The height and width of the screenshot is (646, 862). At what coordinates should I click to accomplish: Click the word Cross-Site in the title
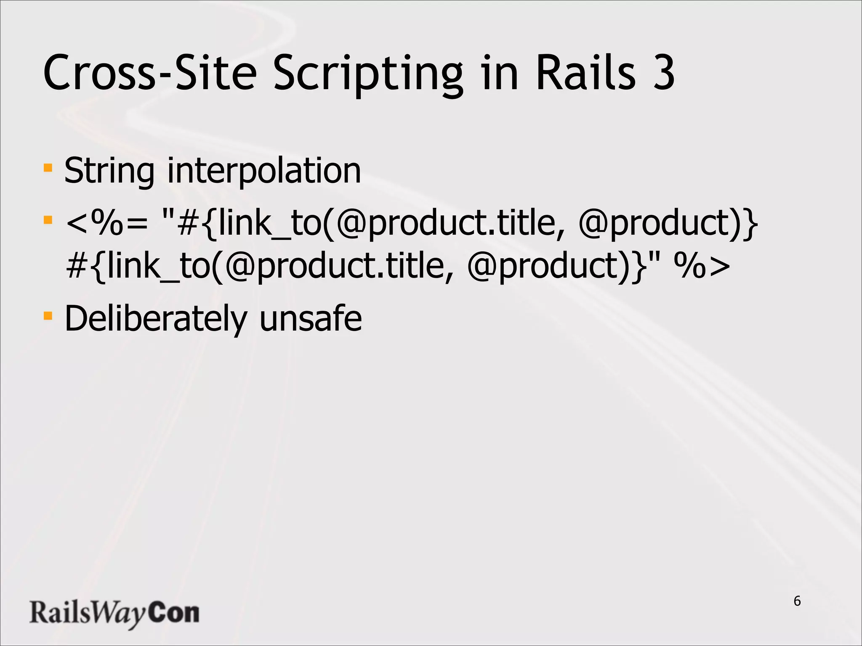coord(150,72)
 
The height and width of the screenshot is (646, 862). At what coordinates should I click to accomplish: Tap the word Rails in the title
coord(585,72)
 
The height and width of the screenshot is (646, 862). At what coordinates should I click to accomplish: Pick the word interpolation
coord(264,171)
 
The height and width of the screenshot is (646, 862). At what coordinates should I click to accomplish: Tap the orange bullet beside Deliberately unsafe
coord(48,315)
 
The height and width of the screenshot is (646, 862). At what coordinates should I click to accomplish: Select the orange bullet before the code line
coord(48,220)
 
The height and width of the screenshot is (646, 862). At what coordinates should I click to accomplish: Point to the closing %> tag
coord(702,267)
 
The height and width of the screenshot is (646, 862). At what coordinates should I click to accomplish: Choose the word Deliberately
coord(155,319)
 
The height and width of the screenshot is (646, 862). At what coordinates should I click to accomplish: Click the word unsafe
coord(311,318)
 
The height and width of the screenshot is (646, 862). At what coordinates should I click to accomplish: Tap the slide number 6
coord(797,601)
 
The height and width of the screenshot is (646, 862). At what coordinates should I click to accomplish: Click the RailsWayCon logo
coord(114,613)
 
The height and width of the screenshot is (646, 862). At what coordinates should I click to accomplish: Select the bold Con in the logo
coord(174,612)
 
